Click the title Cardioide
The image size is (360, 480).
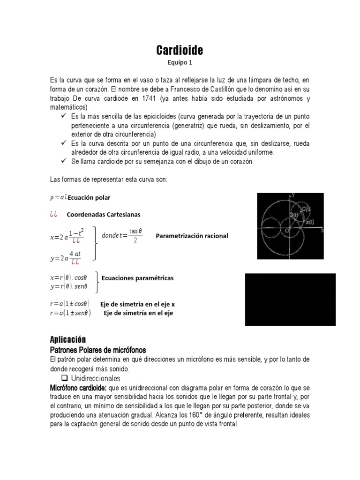pos(180,50)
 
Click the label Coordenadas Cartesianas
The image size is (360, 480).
pos(104,214)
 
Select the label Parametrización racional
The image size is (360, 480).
pos(192,236)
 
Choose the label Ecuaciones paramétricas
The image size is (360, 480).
pos(137,278)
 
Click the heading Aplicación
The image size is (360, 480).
pos(68,339)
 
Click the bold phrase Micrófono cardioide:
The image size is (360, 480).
pos(78,388)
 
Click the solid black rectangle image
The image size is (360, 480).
pos(291,300)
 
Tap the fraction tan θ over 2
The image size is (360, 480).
pos(135,235)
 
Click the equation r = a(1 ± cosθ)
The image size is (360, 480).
pos(70,303)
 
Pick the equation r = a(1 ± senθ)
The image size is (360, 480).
pos(70,313)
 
